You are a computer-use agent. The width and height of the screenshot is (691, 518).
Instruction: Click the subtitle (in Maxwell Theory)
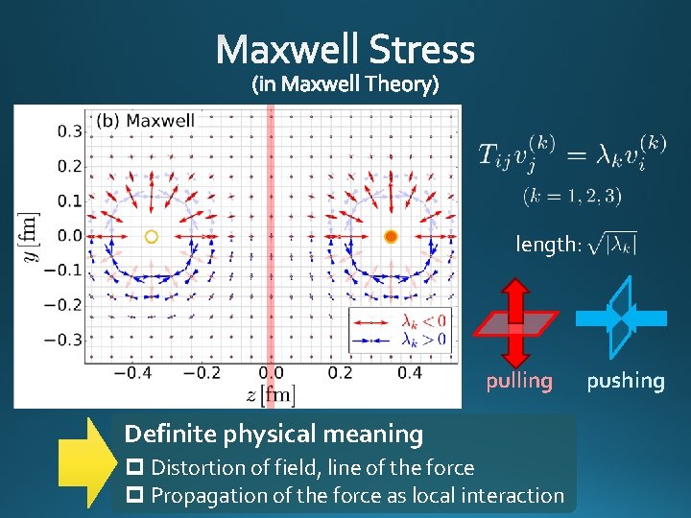click(x=345, y=85)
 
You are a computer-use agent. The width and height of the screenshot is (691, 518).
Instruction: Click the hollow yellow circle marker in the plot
click(x=151, y=236)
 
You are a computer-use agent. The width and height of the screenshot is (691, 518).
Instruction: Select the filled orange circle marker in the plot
click(x=391, y=236)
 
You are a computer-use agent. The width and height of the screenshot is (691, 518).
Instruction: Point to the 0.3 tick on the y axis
click(x=67, y=130)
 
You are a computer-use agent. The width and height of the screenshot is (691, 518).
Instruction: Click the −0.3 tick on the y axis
click(x=63, y=340)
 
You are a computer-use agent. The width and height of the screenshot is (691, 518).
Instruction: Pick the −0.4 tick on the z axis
click(x=133, y=373)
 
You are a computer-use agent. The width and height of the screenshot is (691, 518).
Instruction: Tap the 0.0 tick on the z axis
click(x=272, y=373)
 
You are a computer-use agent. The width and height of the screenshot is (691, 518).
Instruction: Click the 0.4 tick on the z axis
click(x=409, y=373)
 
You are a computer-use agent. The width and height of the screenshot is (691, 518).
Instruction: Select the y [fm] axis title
click(x=32, y=236)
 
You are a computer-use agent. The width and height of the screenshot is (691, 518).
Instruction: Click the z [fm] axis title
click(x=271, y=394)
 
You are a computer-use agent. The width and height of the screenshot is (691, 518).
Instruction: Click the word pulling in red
click(x=519, y=381)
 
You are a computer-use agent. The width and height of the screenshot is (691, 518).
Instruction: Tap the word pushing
click(x=626, y=381)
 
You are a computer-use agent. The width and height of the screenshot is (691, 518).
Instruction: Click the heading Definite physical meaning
click(x=274, y=435)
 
